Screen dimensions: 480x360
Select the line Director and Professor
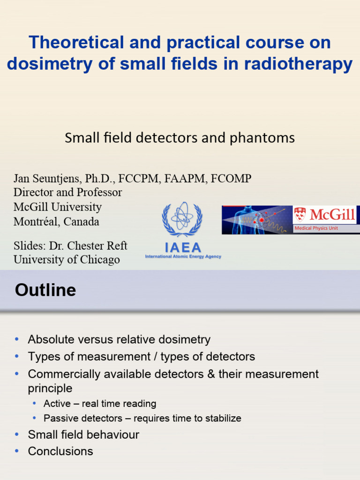[67, 193]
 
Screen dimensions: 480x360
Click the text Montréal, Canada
[56, 222]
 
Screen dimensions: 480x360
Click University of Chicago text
[67, 260]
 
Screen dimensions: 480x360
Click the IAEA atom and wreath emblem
[182, 219]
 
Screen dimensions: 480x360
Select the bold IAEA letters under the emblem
[183, 247]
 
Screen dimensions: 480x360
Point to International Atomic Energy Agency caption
[183, 257]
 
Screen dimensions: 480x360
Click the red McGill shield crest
[300, 215]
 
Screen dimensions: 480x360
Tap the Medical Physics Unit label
[316, 228]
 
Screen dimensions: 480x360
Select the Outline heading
[45, 290]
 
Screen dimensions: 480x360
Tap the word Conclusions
[60, 451]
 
